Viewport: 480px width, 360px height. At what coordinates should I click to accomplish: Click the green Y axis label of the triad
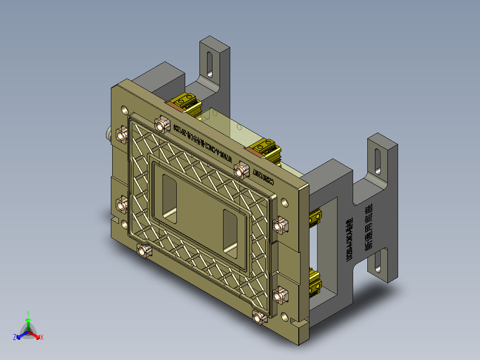28,313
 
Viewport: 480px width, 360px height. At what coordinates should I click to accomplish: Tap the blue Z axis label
15,337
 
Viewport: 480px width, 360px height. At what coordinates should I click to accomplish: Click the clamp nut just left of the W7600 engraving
161,123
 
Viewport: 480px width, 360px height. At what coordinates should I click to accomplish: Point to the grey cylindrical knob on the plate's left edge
108,134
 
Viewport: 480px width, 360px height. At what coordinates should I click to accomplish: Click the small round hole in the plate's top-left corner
123,109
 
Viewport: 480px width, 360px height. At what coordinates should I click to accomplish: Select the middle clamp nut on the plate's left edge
122,205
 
